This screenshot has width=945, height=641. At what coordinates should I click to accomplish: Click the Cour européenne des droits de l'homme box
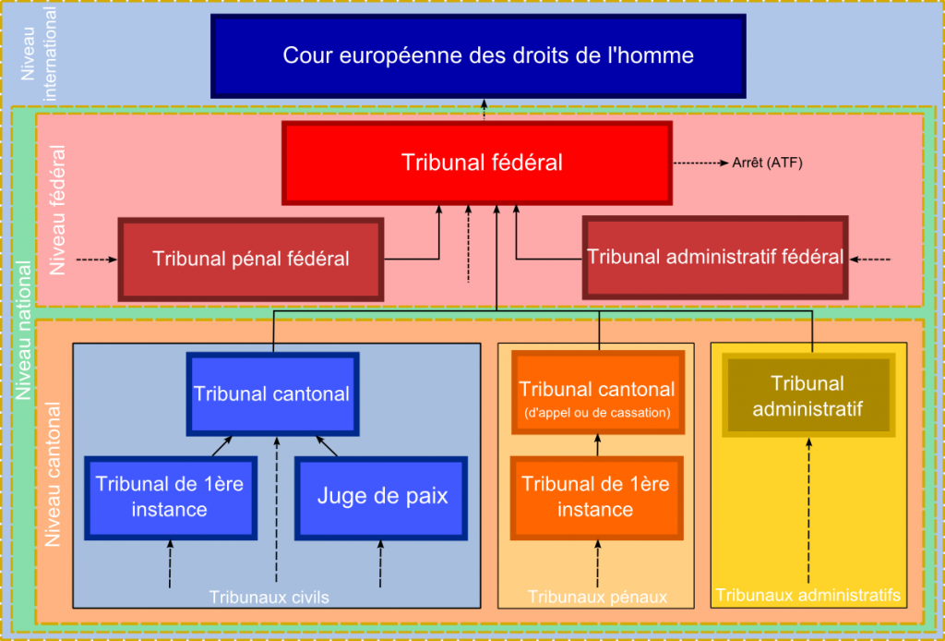[478, 55]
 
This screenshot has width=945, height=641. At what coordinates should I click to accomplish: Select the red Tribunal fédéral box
[476, 163]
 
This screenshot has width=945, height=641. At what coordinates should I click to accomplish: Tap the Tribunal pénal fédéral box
[250, 259]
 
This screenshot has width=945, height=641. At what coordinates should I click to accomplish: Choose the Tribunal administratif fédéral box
[715, 257]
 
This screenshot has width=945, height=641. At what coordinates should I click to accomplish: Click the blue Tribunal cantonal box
[271, 393]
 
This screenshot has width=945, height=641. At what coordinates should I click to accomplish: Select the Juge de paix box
[382, 497]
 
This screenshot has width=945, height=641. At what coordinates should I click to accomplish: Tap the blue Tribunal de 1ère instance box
[170, 497]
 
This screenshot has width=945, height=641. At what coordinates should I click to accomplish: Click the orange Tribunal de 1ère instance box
[596, 497]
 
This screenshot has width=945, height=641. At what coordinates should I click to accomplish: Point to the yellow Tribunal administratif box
[807, 395]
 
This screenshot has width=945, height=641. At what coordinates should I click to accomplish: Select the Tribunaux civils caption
[269, 598]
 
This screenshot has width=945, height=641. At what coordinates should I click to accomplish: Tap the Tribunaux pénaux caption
[597, 598]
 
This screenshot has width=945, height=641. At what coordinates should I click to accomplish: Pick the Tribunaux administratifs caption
[807, 595]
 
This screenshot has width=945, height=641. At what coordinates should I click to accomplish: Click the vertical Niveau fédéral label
[57, 210]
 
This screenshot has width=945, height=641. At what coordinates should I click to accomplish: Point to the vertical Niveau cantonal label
[53, 473]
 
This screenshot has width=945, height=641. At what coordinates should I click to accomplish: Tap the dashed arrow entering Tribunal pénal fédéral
[97, 260]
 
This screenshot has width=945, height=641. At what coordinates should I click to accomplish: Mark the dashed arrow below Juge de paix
[380, 564]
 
